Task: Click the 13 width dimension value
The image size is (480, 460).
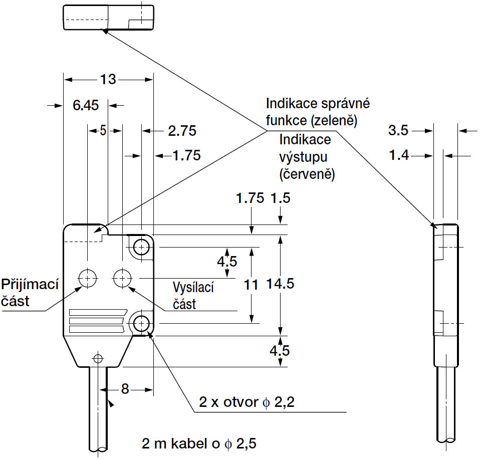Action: (108, 79)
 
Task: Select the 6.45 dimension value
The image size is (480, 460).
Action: (85, 105)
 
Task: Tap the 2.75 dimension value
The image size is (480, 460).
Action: (182, 131)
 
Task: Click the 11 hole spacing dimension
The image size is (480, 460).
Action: (251, 285)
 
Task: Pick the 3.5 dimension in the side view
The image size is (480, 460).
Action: (399, 131)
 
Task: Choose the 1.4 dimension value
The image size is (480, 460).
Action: (399, 155)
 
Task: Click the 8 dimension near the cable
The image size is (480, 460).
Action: (125, 388)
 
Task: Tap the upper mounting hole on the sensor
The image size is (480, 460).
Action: (142, 247)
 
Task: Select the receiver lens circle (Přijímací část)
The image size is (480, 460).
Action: (88, 277)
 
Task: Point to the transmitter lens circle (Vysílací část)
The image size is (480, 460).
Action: (122, 277)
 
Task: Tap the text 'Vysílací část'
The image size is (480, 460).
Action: (192, 296)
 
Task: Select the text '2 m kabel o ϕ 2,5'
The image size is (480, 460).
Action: (201, 443)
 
